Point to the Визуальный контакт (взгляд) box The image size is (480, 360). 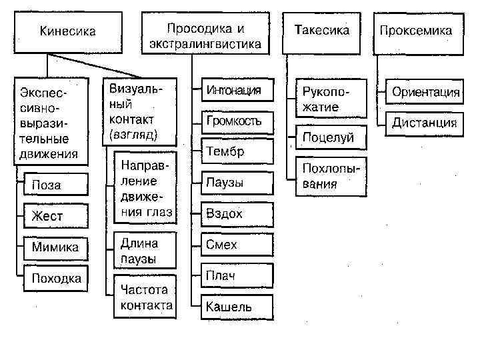click(x=139, y=111)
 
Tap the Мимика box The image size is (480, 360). click(x=56, y=247)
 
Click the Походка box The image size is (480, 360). click(x=56, y=279)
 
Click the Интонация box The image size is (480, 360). click(x=233, y=91)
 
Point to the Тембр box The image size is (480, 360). click(x=233, y=152)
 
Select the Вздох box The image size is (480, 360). click(x=233, y=214)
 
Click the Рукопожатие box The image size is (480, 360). click(x=329, y=99)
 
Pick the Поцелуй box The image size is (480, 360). click(x=329, y=138)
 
